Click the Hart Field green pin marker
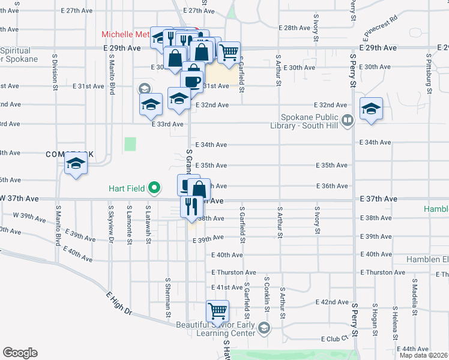(154, 188)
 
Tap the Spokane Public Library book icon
(346, 121)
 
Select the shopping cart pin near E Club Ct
(217, 311)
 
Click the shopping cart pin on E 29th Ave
(229, 53)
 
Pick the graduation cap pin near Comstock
(76, 163)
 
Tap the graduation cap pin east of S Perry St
(372, 109)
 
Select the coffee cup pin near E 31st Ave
(192, 80)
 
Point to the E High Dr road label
(118, 303)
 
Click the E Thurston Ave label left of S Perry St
(234, 272)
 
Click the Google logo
(20, 353)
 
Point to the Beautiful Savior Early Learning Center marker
(265, 328)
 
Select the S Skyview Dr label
(110, 224)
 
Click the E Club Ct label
(326, 338)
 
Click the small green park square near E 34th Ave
(130, 144)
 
